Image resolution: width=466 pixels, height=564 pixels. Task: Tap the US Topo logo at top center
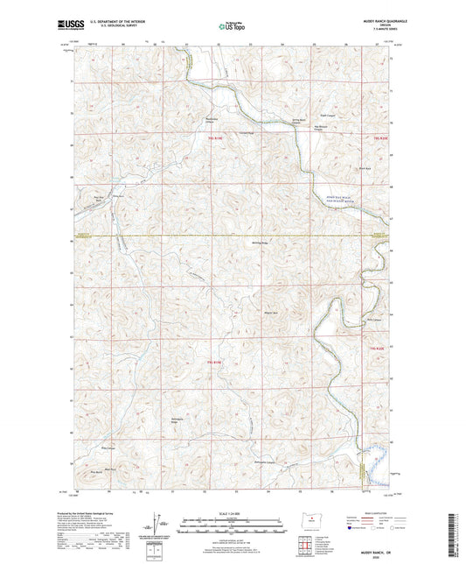tap(232, 28)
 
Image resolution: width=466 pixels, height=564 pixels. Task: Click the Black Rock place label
tap(340, 168)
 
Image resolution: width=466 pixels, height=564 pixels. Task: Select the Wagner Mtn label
tap(260, 313)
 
